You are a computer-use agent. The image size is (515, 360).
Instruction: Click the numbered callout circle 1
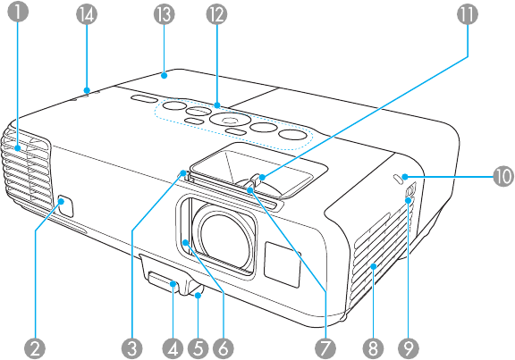click(18, 12)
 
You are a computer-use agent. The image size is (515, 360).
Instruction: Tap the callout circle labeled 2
click(35, 348)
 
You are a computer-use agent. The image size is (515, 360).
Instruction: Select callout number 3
click(132, 348)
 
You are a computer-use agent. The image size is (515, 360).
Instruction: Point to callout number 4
click(173, 348)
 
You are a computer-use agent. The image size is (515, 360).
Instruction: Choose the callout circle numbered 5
click(198, 348)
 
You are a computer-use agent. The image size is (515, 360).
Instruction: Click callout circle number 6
click(224, 348)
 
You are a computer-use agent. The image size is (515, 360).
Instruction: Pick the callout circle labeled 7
click(325, 348)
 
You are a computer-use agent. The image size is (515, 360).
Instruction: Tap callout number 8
click(373, 348)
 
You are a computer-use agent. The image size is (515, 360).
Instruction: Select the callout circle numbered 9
click(409, 348)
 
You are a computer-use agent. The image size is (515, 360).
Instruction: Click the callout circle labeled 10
click(503, 177)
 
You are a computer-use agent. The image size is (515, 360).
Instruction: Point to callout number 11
click(468, 14)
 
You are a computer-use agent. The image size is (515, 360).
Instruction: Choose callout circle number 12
click(216, 14)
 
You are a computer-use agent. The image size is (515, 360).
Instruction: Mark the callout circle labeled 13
click(165, 14)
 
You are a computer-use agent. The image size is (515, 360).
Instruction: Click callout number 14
click(87, 14)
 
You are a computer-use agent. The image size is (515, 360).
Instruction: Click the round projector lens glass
click(225, 236)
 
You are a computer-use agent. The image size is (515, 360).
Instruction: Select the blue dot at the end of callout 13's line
click(165, 76)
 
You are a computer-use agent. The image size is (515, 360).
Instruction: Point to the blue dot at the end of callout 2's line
click(61, 201)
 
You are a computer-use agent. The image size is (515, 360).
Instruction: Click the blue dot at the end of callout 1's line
click(18, 148)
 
